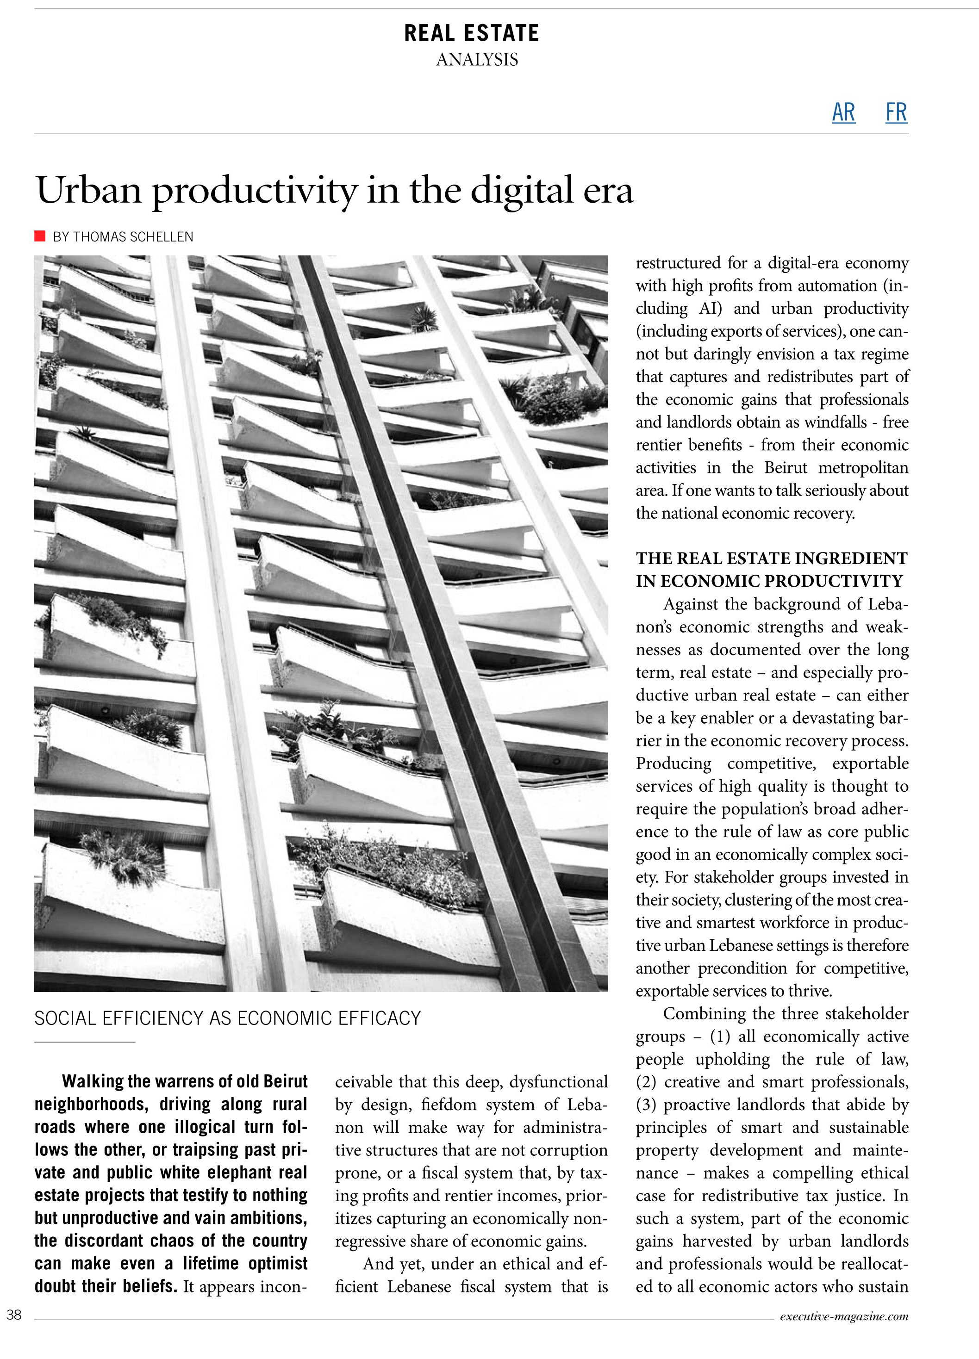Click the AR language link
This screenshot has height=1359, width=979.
click(x=843, y=112)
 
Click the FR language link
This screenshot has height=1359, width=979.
click(x=896, y=112)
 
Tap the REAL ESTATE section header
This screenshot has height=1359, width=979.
click(x=471, y=33)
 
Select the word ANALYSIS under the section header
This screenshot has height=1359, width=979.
click(x=477, y=60)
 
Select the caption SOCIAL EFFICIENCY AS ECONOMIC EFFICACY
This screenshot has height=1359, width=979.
click(x=227, y=1018)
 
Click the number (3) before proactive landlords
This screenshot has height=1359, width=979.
click(x=646, y=1105)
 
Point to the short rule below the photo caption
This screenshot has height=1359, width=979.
click(x=85, y=1042)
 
